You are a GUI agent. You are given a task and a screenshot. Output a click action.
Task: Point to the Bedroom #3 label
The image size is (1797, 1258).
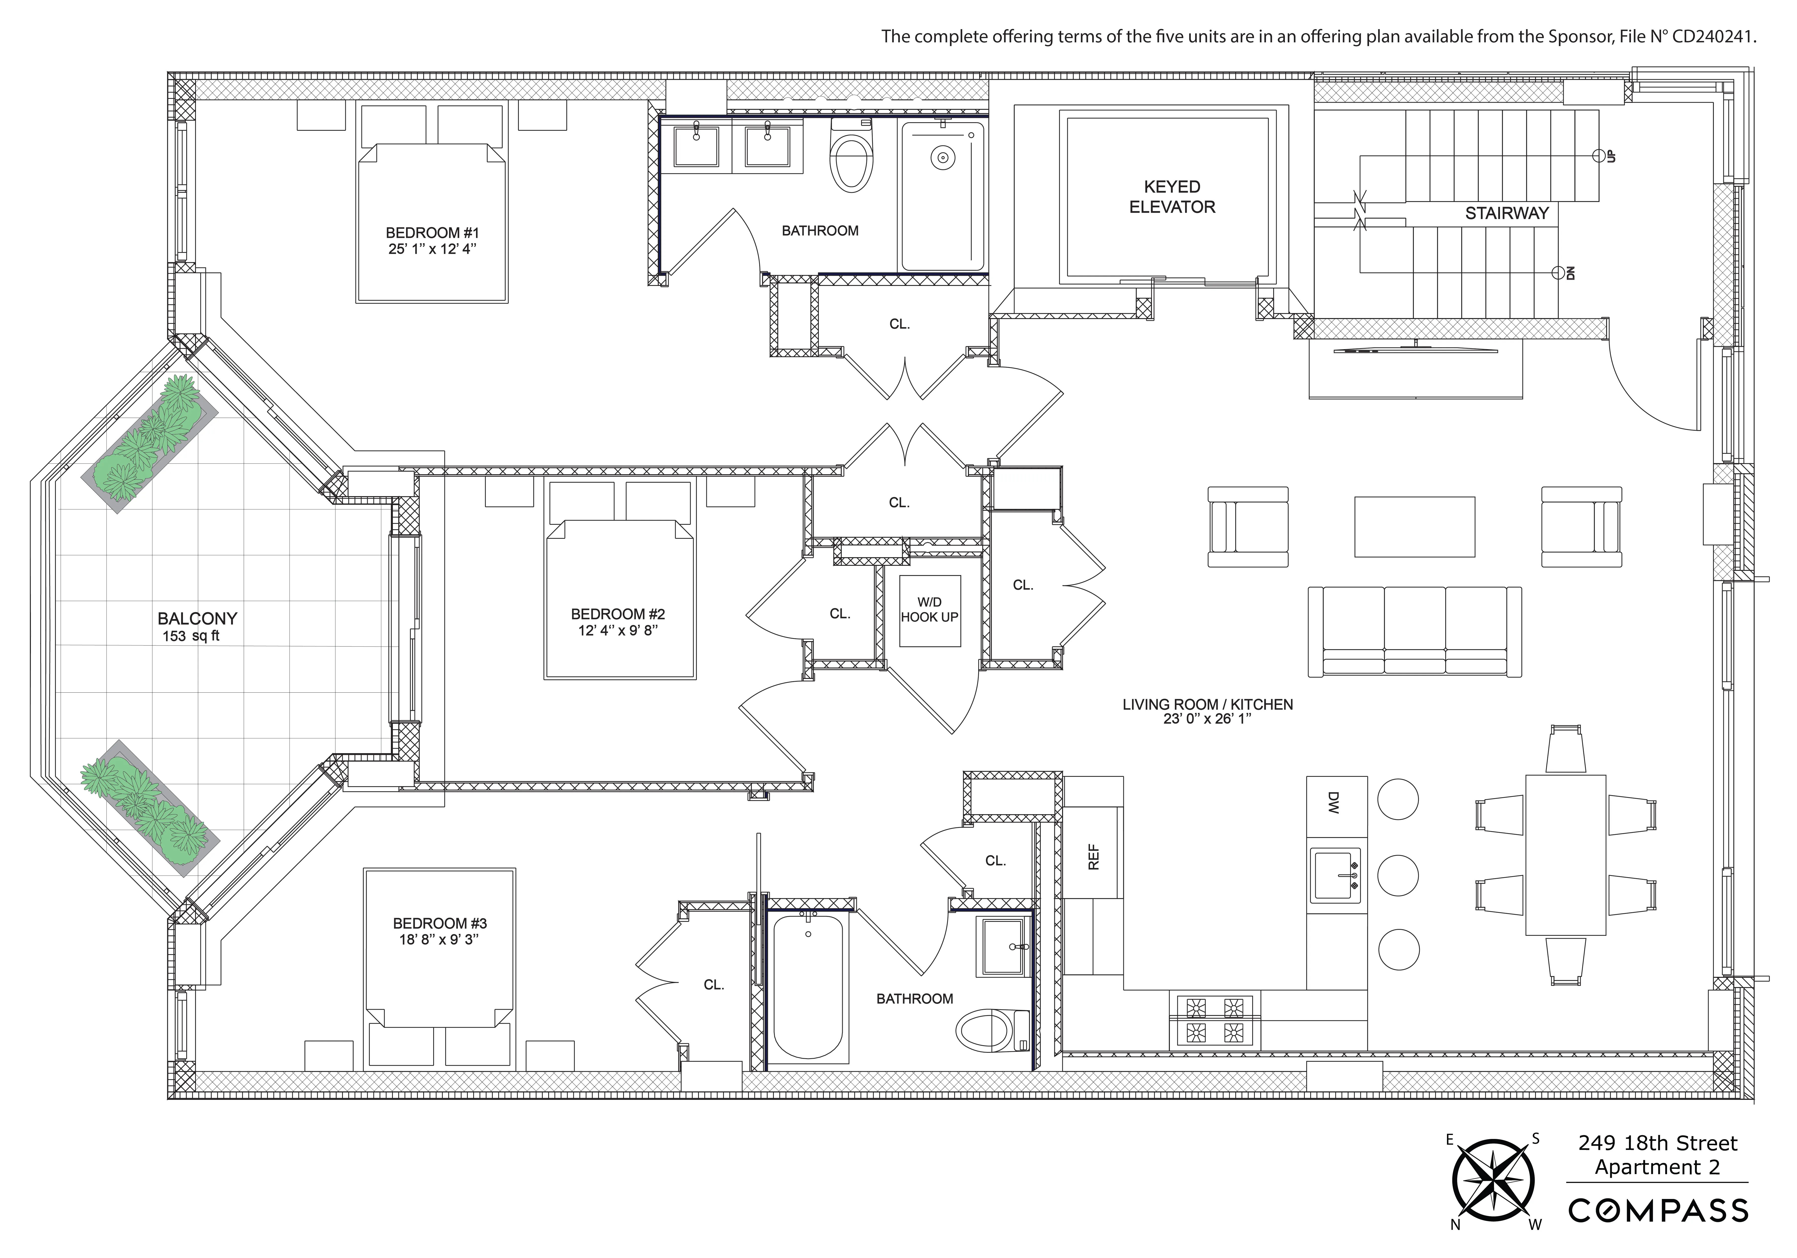tap(440, 924)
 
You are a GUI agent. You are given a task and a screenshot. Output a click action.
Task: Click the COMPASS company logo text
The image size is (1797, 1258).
tap(1658, 1211)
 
